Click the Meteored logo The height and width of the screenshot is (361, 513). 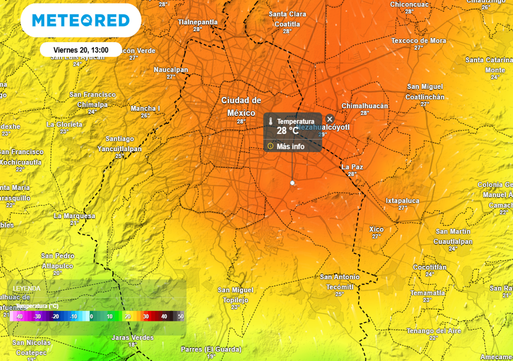coord(81,21)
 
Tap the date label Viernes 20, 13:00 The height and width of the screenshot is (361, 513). coord(81,50)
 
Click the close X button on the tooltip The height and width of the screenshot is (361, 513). coord(330,119)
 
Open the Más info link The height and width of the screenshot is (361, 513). coord(290,146)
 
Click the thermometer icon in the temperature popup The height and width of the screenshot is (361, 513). coord(271,122)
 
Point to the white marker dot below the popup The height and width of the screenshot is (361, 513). coord(293,183)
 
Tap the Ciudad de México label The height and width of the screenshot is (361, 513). coord(241,106)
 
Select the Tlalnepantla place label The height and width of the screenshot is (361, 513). coord(198,22)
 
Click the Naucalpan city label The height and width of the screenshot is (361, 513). coord(171,70)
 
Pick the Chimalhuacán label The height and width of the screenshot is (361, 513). coord(365,106)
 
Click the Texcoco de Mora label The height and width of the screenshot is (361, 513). coord(418,41)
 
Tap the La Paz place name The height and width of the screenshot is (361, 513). coord(352,167)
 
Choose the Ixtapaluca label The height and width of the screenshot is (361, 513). coord(403,201)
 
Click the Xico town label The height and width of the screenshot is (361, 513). coord(376,229)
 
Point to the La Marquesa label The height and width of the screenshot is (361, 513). coord(74,216)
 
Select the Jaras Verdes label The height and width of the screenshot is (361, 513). coord(133,337)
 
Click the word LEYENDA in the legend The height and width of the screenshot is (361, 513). coord(27,288)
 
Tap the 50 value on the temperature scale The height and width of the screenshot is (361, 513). coord(180,316)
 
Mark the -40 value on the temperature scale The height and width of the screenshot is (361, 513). coord(20,316)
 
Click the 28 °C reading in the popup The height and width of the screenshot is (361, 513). coord(288,131)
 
